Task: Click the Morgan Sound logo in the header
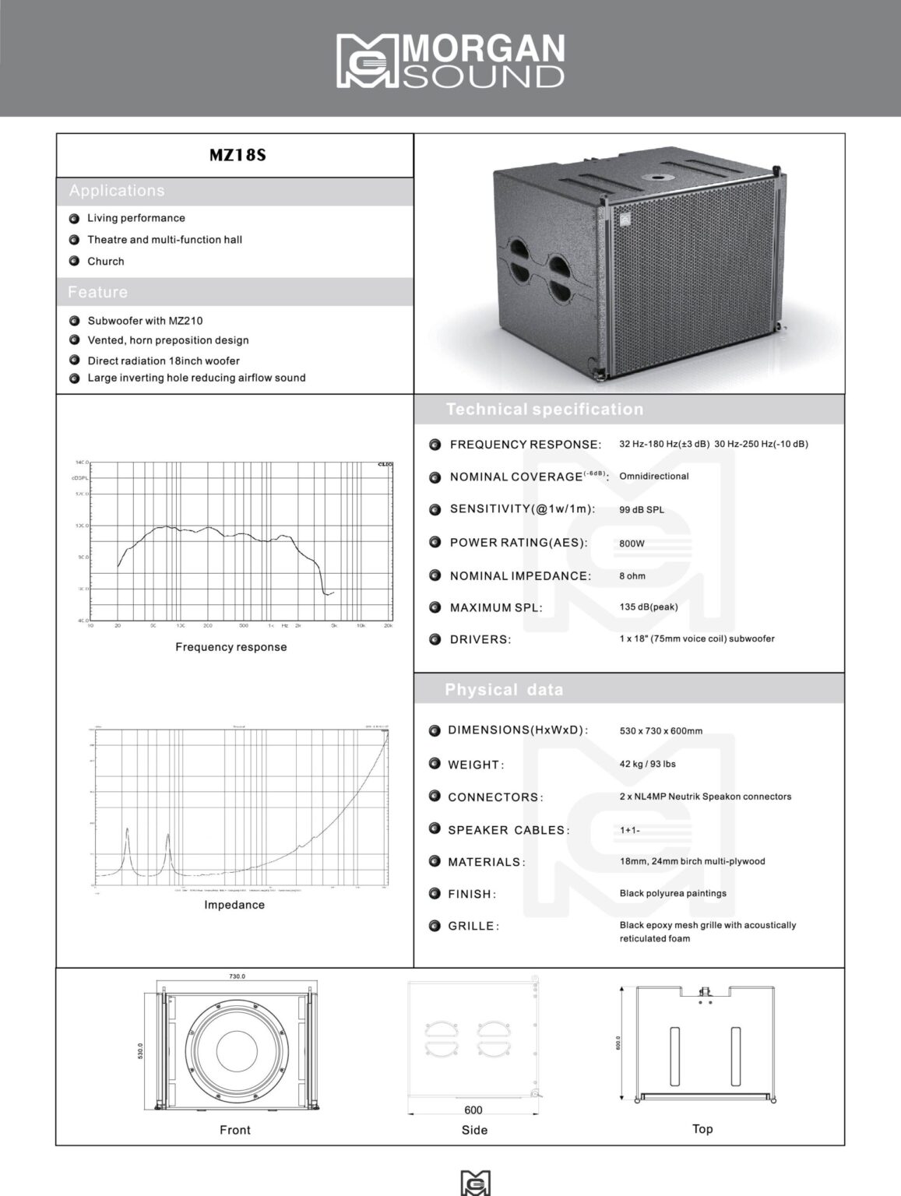click(x=450, y=60)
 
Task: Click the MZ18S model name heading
click(x=238, y=155)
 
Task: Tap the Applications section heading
click(x=117, y=191)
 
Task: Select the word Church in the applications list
click(x=106, y=262)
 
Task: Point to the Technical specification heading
click(x=544, y=410)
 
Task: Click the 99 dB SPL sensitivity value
click(x=642, y=510)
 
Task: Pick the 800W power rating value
click(x=632, y=543)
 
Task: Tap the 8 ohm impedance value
click(x=632, y=576)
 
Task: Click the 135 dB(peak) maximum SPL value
click(x=649, y=607)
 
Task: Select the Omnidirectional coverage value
click(x=654, y=477)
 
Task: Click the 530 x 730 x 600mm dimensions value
click(x=661, y=731)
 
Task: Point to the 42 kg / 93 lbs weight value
click(x=648, y=764)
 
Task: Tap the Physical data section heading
click(x=504, y=690)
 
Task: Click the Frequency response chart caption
click(x=231, y=647)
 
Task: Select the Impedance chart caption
click(x=234, y=905)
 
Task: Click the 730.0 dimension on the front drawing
click(x=237, y=976)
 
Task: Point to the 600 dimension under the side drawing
click(x=473, y=1110)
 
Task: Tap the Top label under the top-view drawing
click(x=702, y=1129)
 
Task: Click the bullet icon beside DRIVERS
click(x=435, y=639)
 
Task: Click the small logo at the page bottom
click(x=476, y=1182)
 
